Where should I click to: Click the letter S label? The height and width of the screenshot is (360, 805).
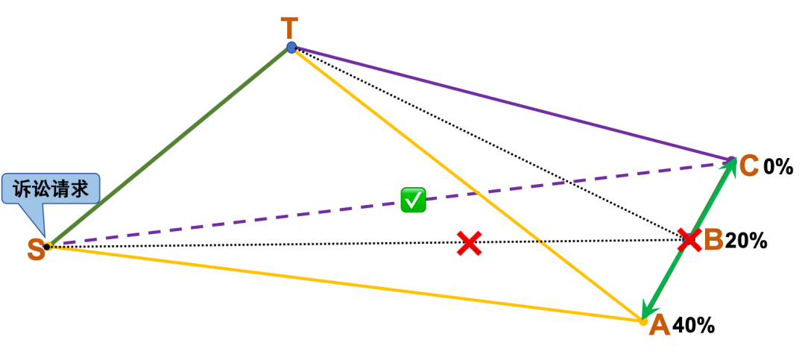click(x=35, y=250)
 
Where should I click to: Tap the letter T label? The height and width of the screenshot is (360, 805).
click(x=289, y=28)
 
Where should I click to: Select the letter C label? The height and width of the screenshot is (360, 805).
click(x=749, y=165)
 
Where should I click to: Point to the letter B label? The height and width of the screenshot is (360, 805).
click(x=714, y=240)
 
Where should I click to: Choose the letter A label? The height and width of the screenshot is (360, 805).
click(x=660, y=326)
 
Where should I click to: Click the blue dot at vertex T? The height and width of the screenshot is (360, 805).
click(x=291, y=48)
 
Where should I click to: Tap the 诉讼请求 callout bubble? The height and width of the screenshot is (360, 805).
click(x=51, y=189)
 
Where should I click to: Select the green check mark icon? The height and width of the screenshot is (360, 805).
click(x=413, y=200)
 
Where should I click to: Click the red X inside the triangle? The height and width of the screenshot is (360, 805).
click(x=469, y=243)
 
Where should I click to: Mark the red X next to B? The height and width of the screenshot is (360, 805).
click(x=689, y=239)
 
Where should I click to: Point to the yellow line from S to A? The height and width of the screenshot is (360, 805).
click(x=343, y=283)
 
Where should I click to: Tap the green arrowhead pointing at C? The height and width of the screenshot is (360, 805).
click(x=730, y=166)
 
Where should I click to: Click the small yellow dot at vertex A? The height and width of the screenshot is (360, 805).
click(x=644, y=322)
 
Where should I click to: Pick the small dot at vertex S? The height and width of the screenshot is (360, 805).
click(x=48, y=246)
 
